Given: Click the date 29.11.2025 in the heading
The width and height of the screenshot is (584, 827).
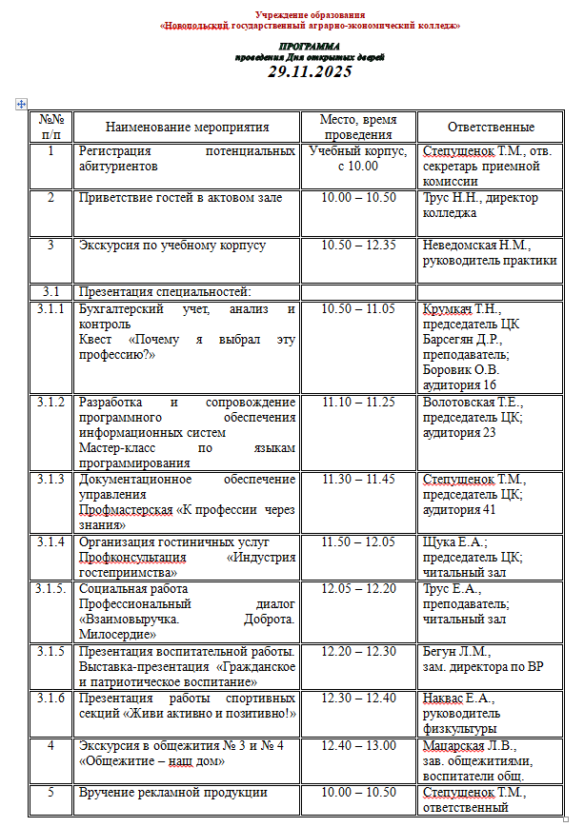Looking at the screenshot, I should [x=310, y=71].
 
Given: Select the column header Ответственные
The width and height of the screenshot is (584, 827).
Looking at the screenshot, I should [x=491, y=127].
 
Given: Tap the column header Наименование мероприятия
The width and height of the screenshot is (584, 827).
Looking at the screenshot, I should [x=187, y=127].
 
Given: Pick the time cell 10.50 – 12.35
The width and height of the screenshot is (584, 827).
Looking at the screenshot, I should [x=358, y=245].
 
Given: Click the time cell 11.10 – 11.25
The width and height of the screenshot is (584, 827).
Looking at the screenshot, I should [x=358, y=402].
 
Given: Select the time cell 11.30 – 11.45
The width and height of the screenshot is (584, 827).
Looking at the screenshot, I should [x=358, y=479].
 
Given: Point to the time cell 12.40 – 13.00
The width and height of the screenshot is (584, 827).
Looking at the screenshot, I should [x=358, y=745].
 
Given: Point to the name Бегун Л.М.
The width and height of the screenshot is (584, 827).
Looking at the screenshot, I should [x=456, y=652].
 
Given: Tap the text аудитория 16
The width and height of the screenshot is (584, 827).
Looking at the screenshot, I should [x=459, y=385].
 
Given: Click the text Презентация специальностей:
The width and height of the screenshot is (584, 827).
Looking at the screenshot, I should [x=164, y=291].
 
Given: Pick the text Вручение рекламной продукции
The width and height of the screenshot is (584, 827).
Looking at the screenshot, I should [x=172, y=793].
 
